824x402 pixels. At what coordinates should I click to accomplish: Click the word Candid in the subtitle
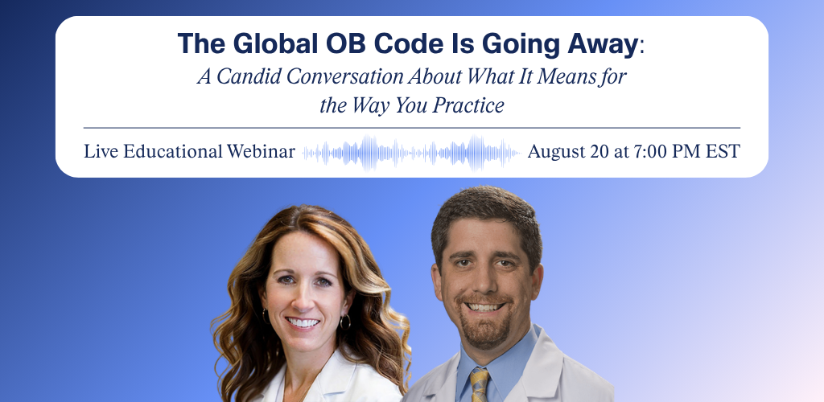(249, 76)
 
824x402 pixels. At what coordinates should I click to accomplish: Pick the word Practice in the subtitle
(468, 106)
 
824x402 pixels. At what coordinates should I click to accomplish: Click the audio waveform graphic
(411, 153)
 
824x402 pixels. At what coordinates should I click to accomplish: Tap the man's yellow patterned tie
(480, 384)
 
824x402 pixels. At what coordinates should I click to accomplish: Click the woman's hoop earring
(345, 321)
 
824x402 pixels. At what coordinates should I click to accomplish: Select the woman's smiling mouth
(303, 322)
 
